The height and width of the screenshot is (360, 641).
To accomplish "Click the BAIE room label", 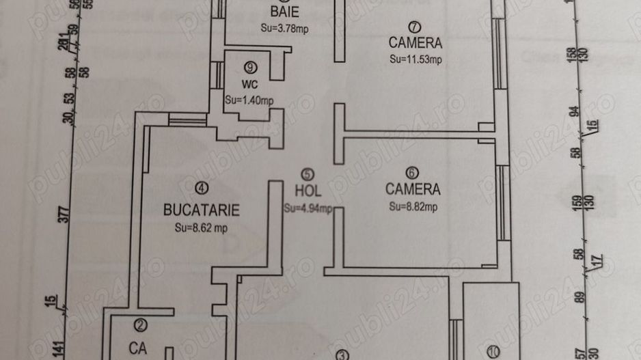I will [x=284, y=12].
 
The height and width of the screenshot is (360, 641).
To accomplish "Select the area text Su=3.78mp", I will [x=284, y=28].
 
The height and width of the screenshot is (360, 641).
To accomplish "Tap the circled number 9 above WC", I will [x=251, y=67].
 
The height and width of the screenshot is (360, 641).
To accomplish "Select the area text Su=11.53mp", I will [x=416, y=59].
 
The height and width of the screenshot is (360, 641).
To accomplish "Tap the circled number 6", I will [x=413, y=172].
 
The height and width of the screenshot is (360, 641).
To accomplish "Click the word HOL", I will [x=308, y=192].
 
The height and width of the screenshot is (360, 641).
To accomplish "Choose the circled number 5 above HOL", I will [x=308, y=175].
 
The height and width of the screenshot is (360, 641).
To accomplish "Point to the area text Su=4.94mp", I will [x=308, y=208].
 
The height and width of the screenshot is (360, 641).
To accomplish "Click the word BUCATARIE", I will [x=202, y=209].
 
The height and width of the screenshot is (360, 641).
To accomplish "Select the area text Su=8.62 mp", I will [x=201, y=229].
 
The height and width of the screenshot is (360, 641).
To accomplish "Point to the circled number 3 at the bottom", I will [x=342, y=355].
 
